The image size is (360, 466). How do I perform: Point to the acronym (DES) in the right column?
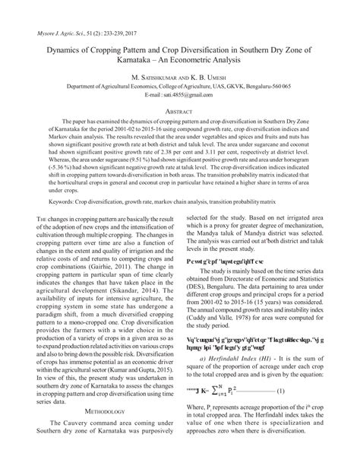(x=197, y=299)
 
